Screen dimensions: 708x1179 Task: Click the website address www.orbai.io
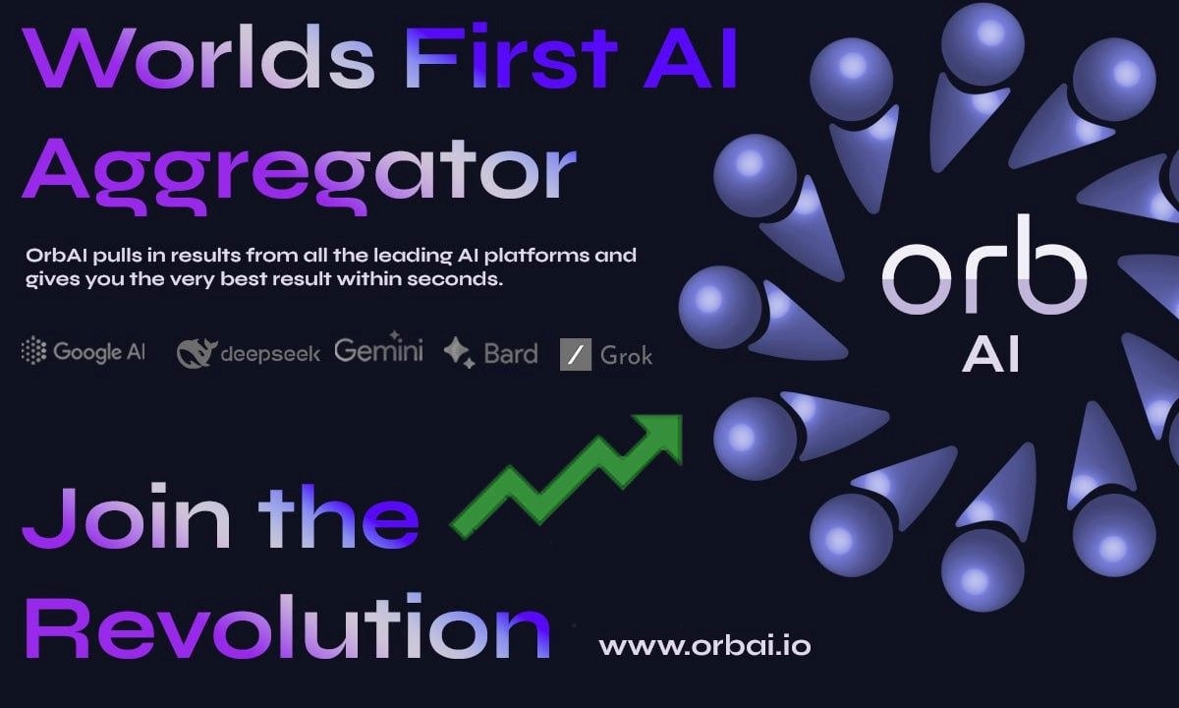pyautogui.click(x=704, y=646)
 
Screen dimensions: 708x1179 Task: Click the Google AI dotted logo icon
pyautogui.click(x=33, y=351)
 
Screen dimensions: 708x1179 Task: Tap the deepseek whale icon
pyautogui.click(x=196, y=352)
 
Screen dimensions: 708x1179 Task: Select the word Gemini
pyautogui.click(x=378, y=350)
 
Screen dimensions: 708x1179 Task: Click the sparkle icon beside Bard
pyautogui.click(x=458, y=351)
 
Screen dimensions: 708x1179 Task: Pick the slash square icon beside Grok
pyautogui.click(x=575, y=354)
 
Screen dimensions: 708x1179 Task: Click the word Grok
pyautogui.click(x=626, y=355)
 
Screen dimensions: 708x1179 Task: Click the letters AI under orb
pyautogui.click(x=989, y=354)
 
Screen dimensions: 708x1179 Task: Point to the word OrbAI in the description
pyautogui.click(x=55, y=256)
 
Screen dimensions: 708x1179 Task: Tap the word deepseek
pyautogui.click(x=269, y=354)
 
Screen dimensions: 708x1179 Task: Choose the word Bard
pyautogui.click(x=510, y=353)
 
